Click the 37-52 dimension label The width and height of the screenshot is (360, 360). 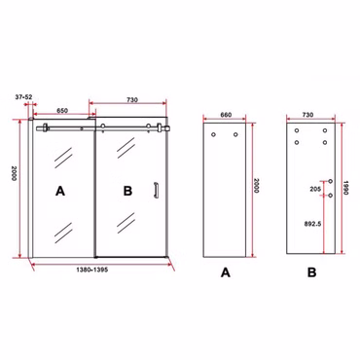pos(23,96)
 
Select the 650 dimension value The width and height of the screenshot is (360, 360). pos(62,110)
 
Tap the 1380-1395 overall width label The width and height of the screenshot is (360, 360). pos(91,270)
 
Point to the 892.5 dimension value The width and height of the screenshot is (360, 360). pos(312,224)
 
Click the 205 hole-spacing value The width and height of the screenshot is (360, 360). pos(315,189)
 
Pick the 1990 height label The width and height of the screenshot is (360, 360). pos(345,188)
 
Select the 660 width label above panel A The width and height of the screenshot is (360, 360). pos(226,115)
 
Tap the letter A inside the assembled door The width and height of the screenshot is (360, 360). pos(60,191)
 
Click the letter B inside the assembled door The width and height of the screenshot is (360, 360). pos(127,191)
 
